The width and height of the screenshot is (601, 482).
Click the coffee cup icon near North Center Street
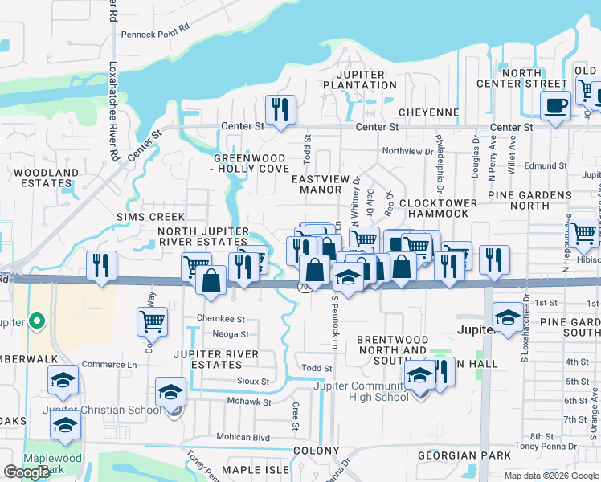click(555, 106)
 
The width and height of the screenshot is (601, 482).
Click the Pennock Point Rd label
click(155, 35)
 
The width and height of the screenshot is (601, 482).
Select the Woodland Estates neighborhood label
click(46, 178)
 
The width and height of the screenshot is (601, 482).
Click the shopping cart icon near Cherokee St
click(152, 321)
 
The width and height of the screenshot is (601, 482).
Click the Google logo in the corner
click(27, 472)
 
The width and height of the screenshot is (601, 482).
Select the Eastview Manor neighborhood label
click(321, 184)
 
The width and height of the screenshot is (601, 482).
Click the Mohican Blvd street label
click(243, 437)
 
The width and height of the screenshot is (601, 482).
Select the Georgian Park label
click(464, 455)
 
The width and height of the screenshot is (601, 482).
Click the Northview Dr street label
click(407, 151)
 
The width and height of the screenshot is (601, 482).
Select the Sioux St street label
click(252, 382)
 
